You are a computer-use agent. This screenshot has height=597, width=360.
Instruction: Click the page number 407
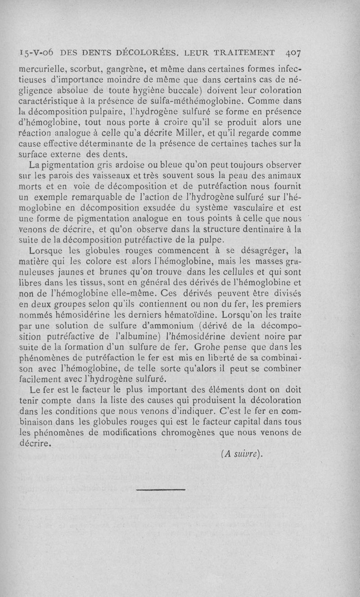coord(293,52)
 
